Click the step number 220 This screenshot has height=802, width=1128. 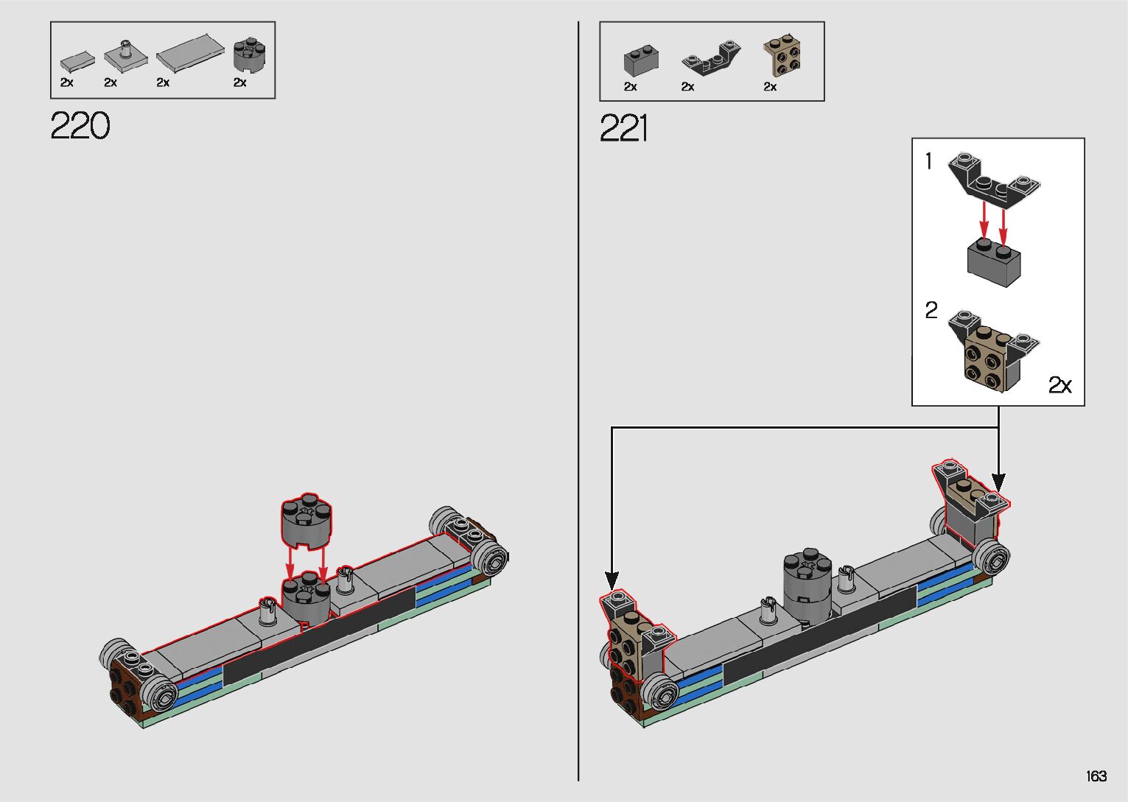coord(80,125)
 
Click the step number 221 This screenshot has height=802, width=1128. coord(623,128)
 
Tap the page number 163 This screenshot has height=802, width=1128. coord(1096,775)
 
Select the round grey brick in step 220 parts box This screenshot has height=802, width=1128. coord(249,55)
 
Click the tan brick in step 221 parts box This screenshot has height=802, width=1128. coord(782,57)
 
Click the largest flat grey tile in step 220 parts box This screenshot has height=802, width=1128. coord(190,53)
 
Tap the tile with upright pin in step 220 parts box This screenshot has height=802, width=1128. coord(125,56)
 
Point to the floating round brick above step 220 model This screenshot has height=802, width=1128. coord(306,520)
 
